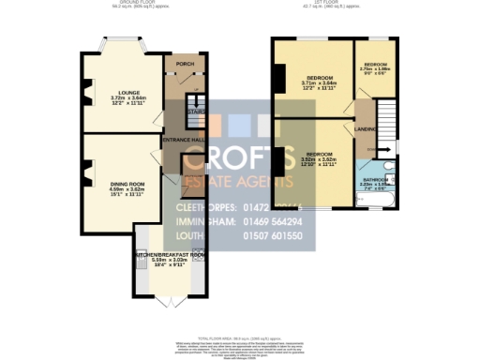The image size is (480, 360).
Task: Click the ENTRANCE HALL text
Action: (184, 141)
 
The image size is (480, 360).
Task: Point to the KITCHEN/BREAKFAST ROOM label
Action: (170, 255)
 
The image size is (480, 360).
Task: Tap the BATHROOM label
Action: (378, 177)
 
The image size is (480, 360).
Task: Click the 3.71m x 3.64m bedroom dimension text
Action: (318, 84)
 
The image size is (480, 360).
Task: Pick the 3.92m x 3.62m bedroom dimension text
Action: (318, 160)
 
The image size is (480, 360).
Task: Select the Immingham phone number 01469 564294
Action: (280, 221)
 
